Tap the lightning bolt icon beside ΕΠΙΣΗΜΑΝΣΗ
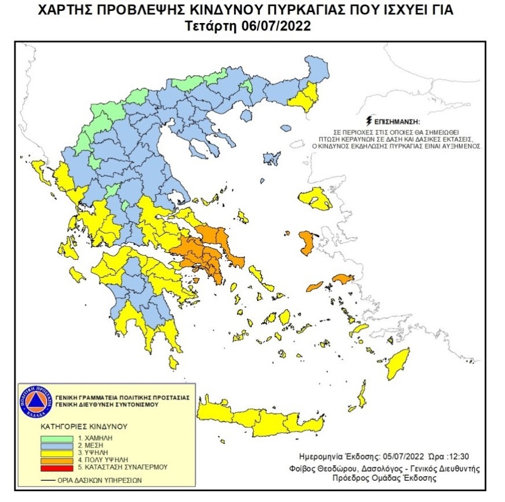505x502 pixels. pos(368,121)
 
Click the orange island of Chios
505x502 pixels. pos(305,243)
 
